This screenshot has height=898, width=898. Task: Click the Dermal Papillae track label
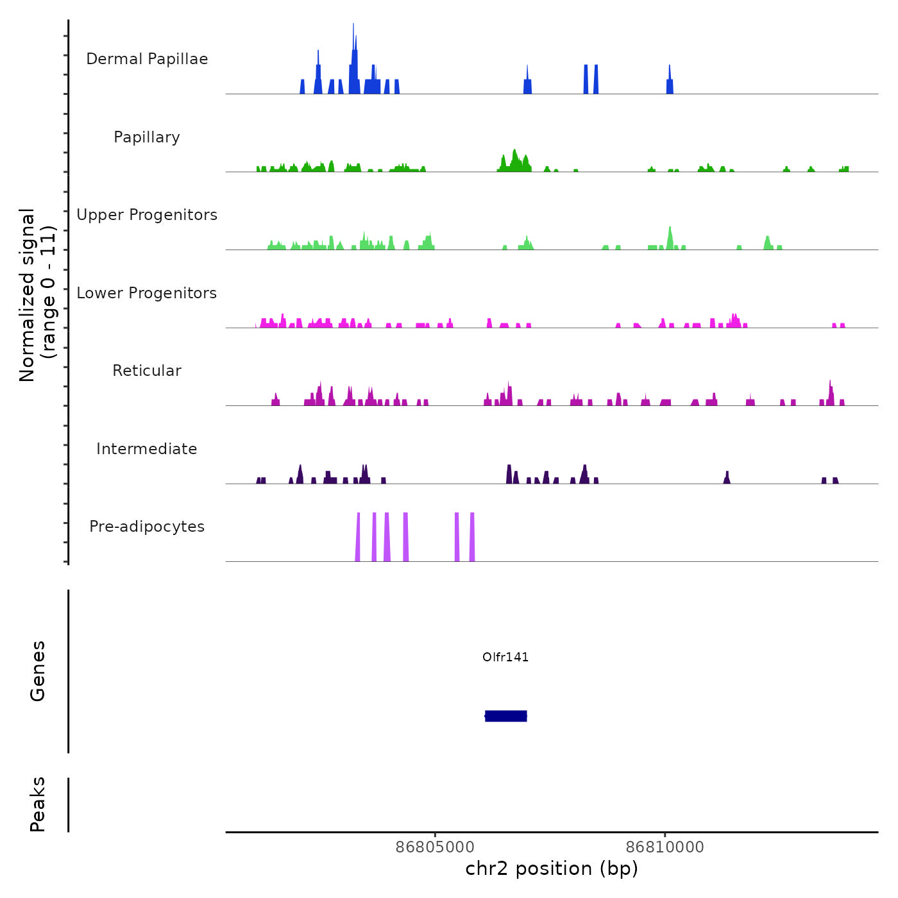pos(147,59)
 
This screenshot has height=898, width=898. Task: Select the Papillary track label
pos(147,137)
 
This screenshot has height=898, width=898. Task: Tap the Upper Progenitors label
pos(147,215)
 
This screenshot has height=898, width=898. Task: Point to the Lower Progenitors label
pos(147,293)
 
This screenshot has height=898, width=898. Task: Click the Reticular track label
pos(147,371)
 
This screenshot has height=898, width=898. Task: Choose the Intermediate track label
pos(147,449)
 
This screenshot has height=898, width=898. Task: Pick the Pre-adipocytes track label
pos(147,527)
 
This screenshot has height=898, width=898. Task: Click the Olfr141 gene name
pos(505,657)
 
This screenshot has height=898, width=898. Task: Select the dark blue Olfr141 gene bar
pos(506,716)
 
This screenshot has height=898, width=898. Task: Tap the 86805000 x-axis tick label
pos(435,847)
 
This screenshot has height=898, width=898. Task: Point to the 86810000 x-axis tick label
pos(665,847)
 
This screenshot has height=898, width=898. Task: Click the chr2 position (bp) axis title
pos(552,868)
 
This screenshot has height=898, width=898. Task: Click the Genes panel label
pos(38,671)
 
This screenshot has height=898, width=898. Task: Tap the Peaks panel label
pos(38,804)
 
